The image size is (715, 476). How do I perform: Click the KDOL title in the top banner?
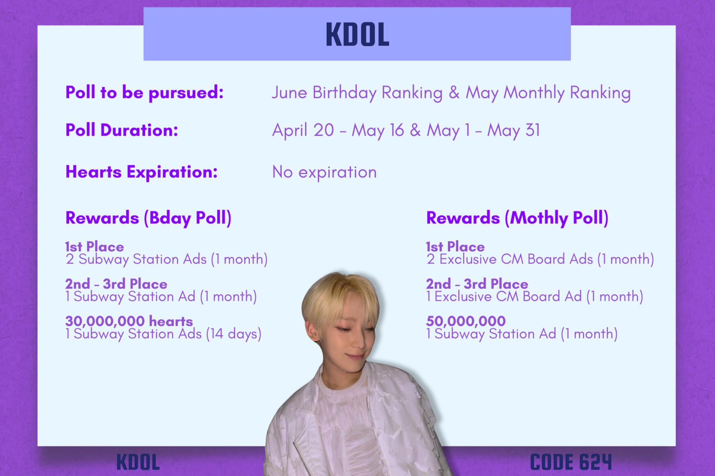[x=357, y=35]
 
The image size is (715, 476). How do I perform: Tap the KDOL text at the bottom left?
[x=138, y=462]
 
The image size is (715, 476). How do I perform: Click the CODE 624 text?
[x=571, y=462]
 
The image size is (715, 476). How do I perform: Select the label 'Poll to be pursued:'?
[x=144, y=92]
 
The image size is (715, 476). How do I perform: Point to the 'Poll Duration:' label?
[x=122, y=130]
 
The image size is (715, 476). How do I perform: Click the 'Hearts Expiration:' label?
[x=141, y=172]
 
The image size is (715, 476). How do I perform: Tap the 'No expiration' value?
[x=324, y=172]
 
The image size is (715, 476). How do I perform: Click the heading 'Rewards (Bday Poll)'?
[x=148, y=218]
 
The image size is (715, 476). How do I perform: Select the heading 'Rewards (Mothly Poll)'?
[x=517, y=218]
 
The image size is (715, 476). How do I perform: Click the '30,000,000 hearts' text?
[x=129, y=321]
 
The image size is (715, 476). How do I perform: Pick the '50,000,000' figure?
[x=466, y=321]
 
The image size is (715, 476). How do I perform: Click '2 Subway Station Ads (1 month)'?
[x=166, y=259]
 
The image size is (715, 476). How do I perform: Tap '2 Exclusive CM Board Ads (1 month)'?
[x=540, y=259]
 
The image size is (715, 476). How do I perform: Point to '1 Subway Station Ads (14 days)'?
[x=163, y=334]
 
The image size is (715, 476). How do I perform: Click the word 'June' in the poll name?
[x=289, y=92]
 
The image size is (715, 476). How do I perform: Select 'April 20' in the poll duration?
[x=303, y=130]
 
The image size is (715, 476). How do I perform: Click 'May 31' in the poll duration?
[x=513, y=130]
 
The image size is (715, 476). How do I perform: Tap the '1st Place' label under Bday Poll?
[x=95, y=247]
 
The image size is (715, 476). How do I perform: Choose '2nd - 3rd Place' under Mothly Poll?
[x=477, y=284]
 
